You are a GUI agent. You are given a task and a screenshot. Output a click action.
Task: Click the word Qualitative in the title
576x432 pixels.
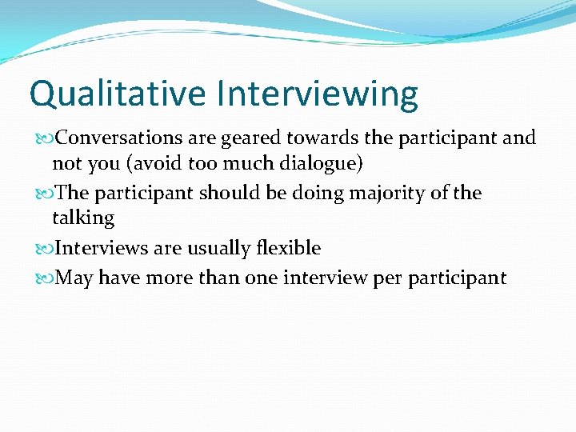click(118, 94)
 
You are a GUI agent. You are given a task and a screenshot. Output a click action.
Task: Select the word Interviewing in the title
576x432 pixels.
click(317, 94)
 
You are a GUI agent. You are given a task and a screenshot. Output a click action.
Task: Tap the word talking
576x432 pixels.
click(83, 218)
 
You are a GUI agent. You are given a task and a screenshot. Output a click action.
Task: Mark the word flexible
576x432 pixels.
click(288, 248)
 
